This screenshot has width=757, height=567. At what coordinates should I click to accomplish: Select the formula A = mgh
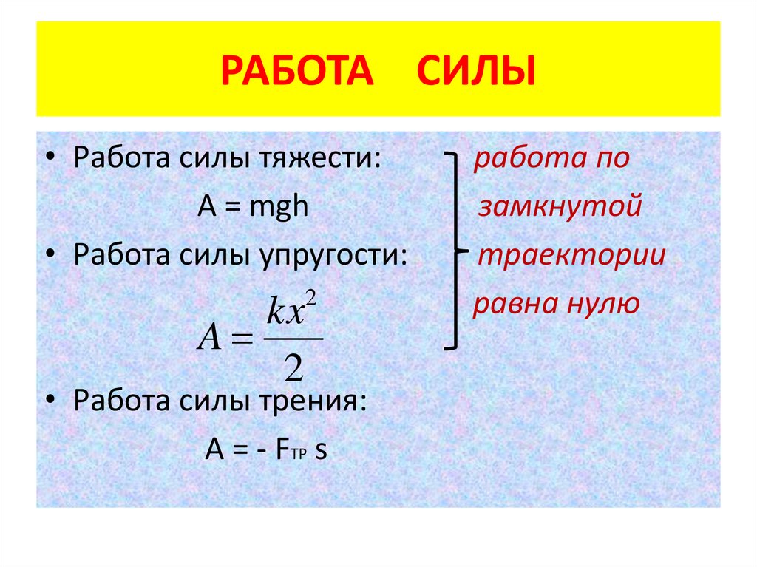click(x=252, y=208)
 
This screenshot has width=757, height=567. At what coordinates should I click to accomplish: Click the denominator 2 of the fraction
click(x=293, y=368)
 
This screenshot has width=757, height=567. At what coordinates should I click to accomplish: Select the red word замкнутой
click(x=560, y=208)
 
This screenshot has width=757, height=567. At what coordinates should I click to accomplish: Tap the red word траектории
click(x=571, y=256)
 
